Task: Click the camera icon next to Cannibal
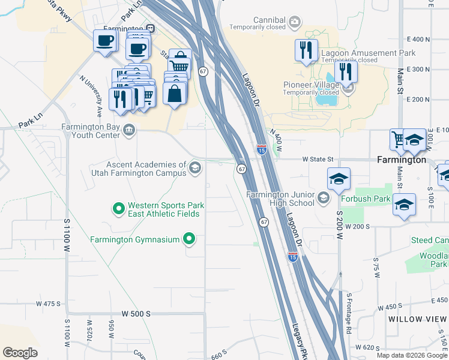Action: [294, 23]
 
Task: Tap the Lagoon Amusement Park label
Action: [369, 53]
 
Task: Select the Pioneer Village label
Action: [312, 85]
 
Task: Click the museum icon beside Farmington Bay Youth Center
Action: [128, 130]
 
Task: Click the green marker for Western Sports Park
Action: [118, 209]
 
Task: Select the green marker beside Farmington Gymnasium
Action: [189, 239]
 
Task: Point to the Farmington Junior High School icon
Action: [324, 198]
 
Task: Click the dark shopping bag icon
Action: [174, 94]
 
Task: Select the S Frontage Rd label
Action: [348, 312]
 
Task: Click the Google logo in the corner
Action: [20, 353]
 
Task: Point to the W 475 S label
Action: [48, 304]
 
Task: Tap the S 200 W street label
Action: [339, 225]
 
